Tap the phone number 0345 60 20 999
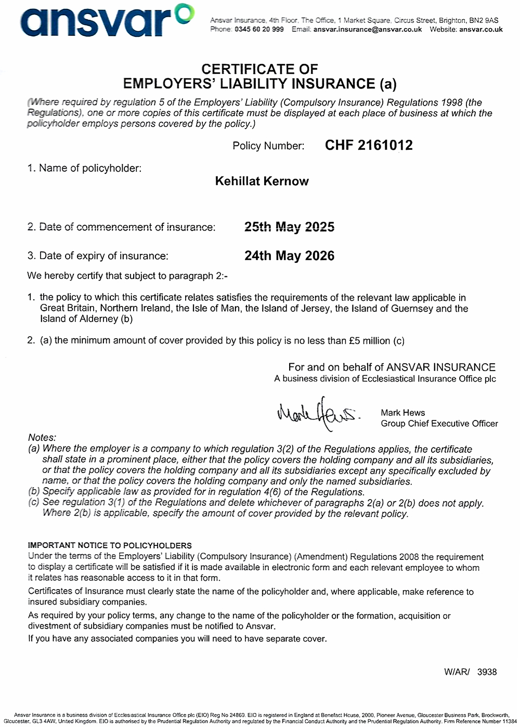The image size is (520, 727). pyautogui.click(x=259, y=30)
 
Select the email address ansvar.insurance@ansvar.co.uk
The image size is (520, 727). pyautogui.click(x=368, y=30)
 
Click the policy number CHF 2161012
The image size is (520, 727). pyautogui.click(x=369, y=145)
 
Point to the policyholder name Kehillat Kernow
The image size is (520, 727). pyautogui.click(x=262, y=181)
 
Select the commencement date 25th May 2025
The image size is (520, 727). pyautogui.click(x=289, y=227)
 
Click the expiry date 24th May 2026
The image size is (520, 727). pyautogui.click(x=289, y=256)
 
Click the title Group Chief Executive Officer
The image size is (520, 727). pyautogui.click(x=439, y=424)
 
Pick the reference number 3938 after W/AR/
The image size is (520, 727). pyautogui.click(x=487, y=672)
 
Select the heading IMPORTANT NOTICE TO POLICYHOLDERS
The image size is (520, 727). pyautogui.click(x=110, y=545)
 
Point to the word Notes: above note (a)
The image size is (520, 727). pyautogui.click(x=42, y=438)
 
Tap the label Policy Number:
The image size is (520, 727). pyautogui.click(x=268, y=146)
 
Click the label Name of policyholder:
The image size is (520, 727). pyautogui.click(x=90, y=168)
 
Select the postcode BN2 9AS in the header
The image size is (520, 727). pyautogui.click(x=483, y=20)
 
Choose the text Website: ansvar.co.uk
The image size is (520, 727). pyautogui.click(x=466, y=30)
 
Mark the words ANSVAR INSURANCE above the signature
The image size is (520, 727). pyautogui.click(x=441, y=367)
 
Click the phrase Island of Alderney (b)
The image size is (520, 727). pyautogui.click(x=86, y=319)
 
